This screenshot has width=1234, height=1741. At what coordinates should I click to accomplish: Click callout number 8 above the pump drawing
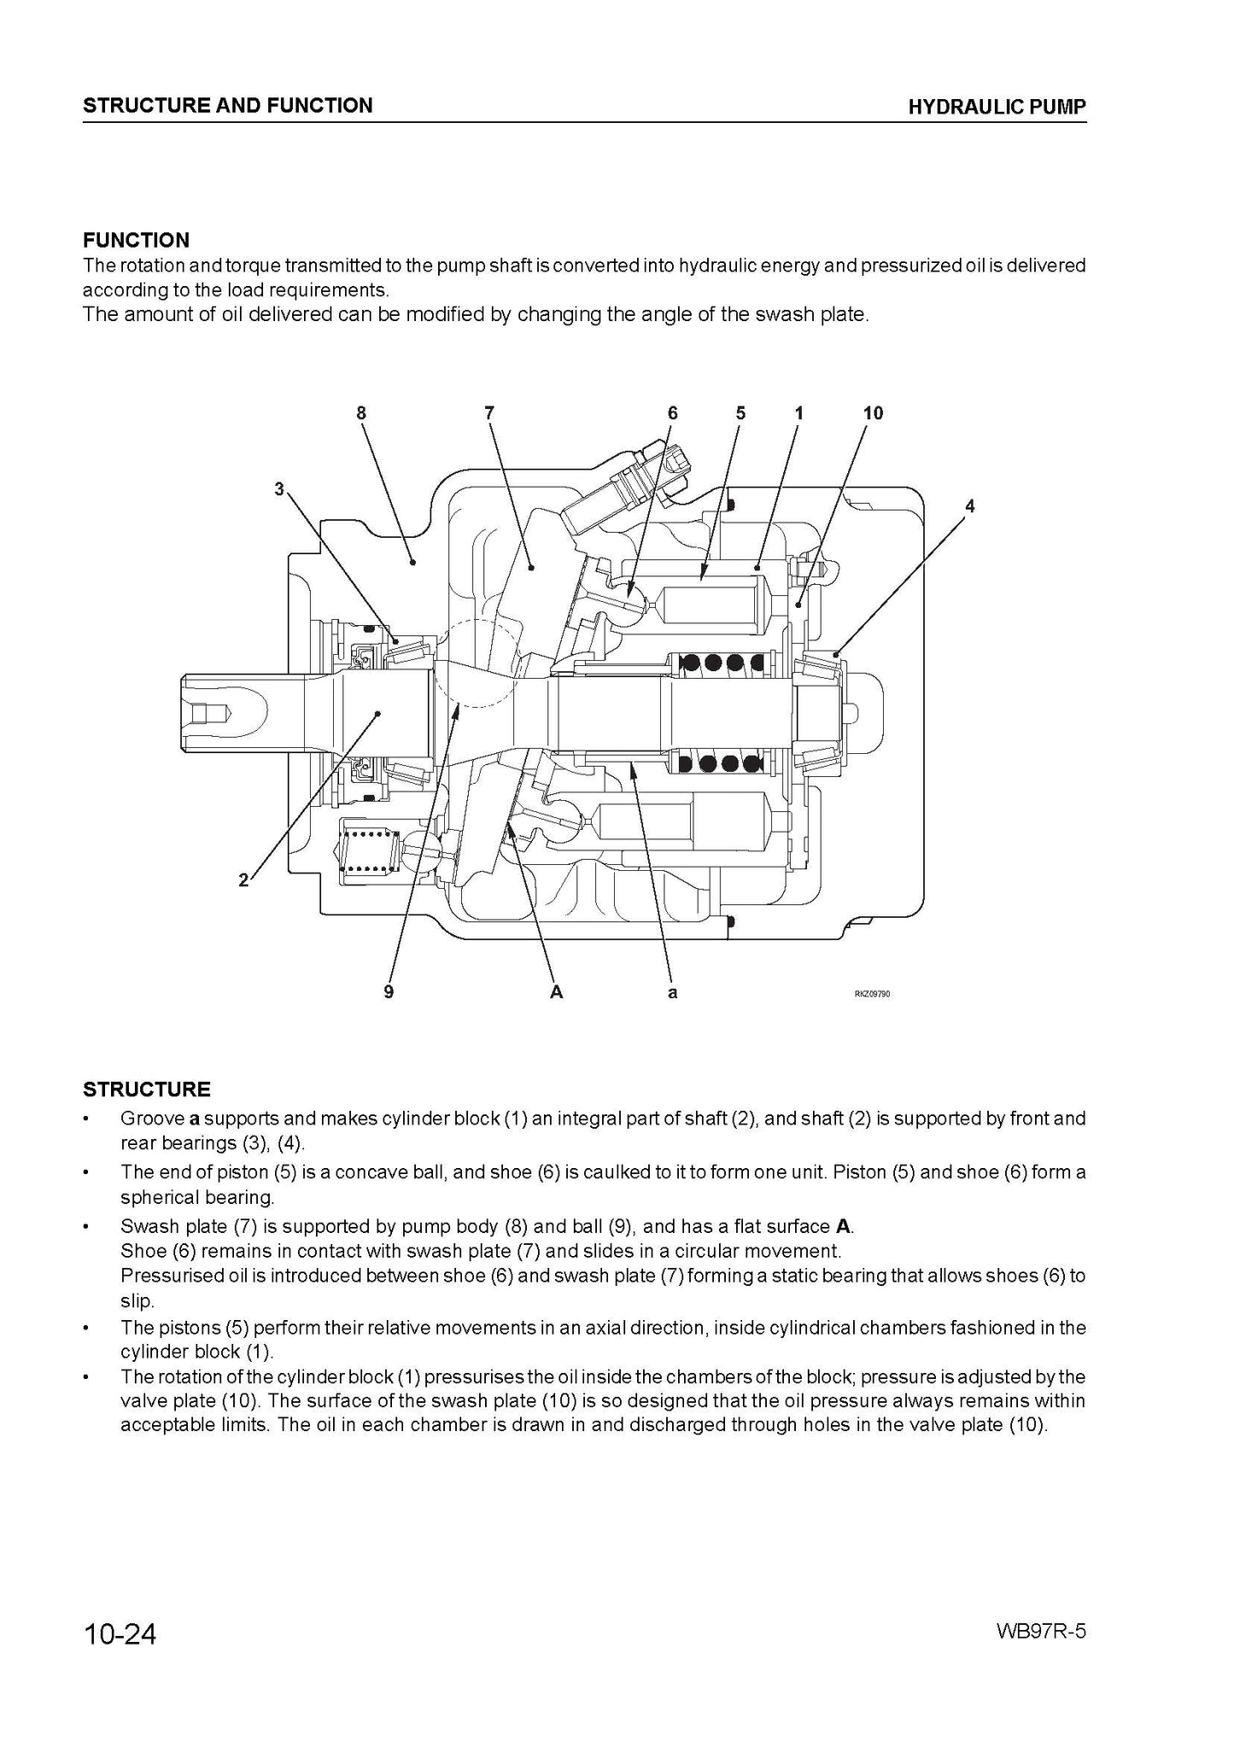click(361, 413)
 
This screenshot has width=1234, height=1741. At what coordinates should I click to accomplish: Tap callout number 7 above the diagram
click(489, 413)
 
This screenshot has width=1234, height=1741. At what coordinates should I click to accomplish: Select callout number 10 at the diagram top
click(873, 413)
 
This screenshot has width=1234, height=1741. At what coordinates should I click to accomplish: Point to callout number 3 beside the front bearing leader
click(278, 489)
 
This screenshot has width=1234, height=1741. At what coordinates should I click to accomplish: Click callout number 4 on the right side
click(969, 506)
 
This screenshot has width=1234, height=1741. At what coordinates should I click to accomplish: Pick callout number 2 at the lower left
click(243, 880)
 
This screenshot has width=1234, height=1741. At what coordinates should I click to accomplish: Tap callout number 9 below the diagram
click(389, 992)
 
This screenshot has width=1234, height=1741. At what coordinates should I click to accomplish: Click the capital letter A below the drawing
click(556, 992)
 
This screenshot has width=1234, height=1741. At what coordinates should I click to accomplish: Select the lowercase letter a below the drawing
click(673, 993)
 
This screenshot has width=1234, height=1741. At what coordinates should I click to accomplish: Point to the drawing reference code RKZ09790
click(872, 994)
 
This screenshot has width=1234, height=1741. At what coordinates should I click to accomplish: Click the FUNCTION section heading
click(136, 241)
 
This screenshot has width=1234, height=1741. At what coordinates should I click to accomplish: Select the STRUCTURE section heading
click(146, 1090)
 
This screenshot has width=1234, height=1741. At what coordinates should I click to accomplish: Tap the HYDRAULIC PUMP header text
click(997, 107)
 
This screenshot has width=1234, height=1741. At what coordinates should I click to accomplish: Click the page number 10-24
click(120, 1634)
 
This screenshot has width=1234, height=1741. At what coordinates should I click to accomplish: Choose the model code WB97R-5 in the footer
click(1040, 1632)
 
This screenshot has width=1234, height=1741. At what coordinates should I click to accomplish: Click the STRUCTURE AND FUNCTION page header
click(227, 106)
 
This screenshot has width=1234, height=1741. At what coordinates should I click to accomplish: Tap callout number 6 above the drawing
click(673, 413)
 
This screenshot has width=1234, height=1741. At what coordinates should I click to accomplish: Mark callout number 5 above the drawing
click(740, 413)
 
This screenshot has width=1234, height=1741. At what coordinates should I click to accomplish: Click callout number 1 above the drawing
click(798, 413)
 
